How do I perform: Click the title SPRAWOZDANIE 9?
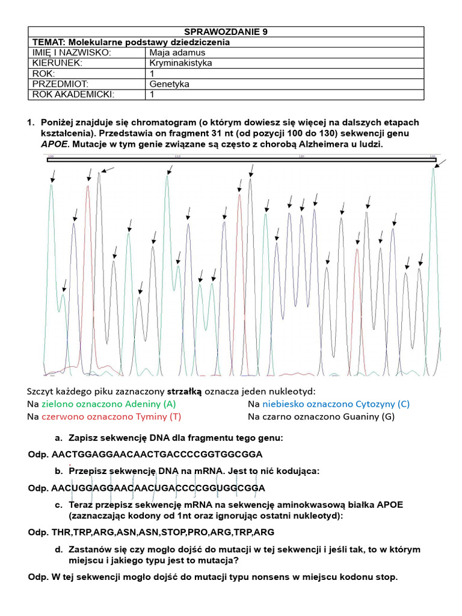[x=226, y=32]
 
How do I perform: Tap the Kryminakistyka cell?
[x=180, y=63]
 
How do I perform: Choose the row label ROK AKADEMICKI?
[x=73, y=94]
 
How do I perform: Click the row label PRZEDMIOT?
[x=61, y=84]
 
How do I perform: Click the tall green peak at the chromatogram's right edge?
[x=433, y=180]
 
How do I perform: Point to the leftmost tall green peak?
[x=52, y=192]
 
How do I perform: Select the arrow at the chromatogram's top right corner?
[x=442, y=163]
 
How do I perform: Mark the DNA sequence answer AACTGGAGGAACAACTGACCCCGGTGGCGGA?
[x=158, y=454]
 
